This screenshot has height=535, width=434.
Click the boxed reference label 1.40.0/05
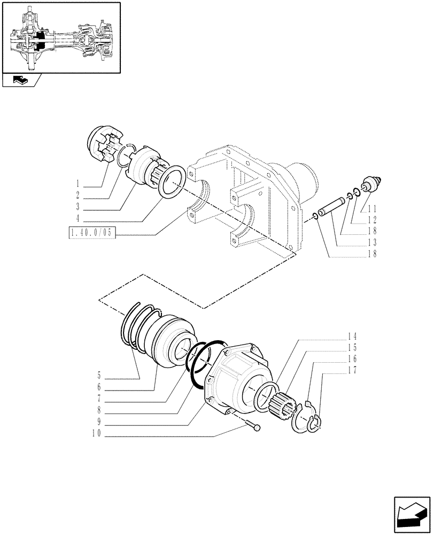[92, 233]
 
